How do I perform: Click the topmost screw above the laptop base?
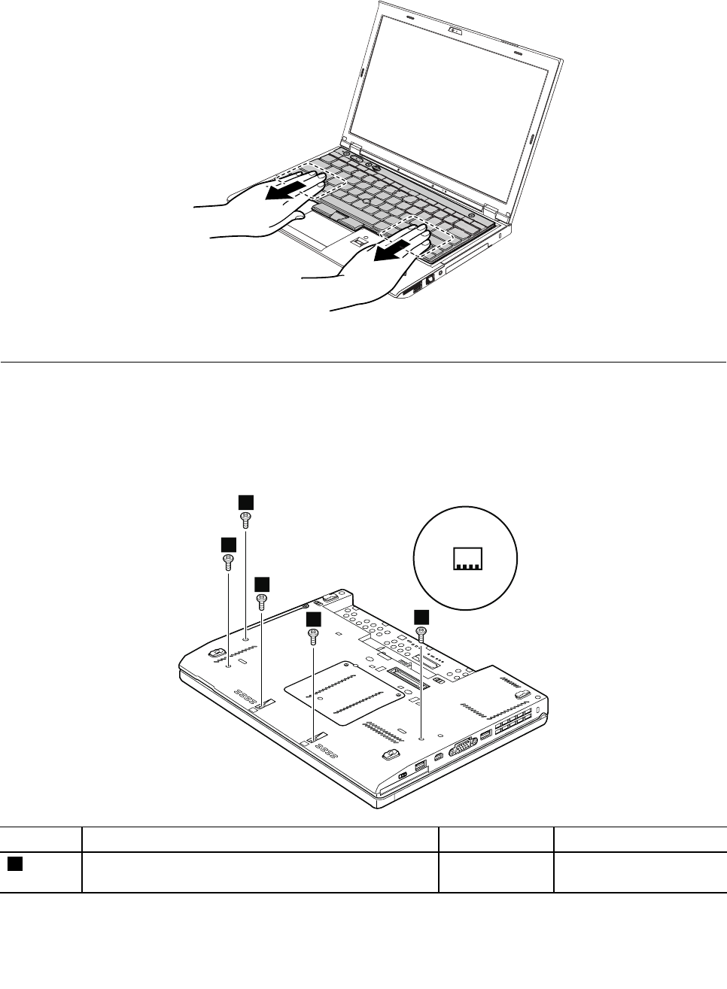[245, 518]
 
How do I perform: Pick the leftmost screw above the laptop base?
[227, 560]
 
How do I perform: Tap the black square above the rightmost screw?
[422, 616]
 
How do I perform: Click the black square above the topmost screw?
[245, 502]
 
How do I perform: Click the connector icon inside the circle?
[467, 558]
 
